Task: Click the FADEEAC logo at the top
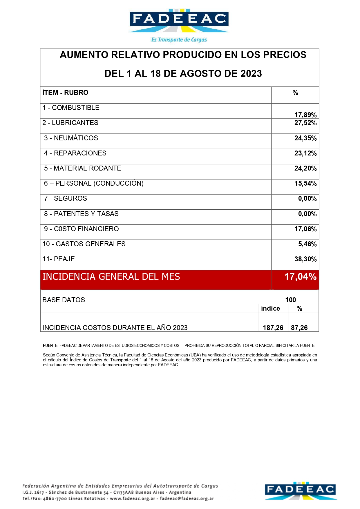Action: pyautogui.click(x=179, y=20)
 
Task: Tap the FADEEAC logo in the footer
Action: pyautogui.click(x=301, y=490)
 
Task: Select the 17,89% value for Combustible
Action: pyautogui.click(x=305, y=115)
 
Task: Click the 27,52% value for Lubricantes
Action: pyautogui.click(x=305, y=123)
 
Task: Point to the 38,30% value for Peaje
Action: pyautogui.click(x=305, y=259)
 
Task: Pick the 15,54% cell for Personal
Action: pyautogui.click(x=305, y=183)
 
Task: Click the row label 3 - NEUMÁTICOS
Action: pyautogui.click(x=71, y=138)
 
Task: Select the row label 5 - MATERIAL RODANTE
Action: pyautogui.click(x=83, y=168)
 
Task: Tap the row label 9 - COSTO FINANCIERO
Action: pyautogui.click(x=82, y=229)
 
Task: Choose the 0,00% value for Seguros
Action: pyautogui.click(x=307, y=198)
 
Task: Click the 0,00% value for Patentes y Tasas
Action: pyautogui.click(x=307, y=214)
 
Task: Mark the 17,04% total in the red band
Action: pyautogui.click(x=300, y=277)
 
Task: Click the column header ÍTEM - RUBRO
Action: pyautogui.click(x=65, y=93)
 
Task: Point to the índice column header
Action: pyautogui.click(x=270, y=308)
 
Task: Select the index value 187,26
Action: pyautogui.click(x=273, y=328)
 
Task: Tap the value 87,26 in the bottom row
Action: pyautogui.click(x=299, y=328)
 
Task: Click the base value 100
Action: pyautogui.click(x=290, y=300)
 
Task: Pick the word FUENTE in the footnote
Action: pyautogui.click(x=50, y=345)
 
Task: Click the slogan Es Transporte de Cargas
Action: pyautogui.click(x=179, y=40)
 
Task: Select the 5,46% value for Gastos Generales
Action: pyautogui.click(x=307, y=244)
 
